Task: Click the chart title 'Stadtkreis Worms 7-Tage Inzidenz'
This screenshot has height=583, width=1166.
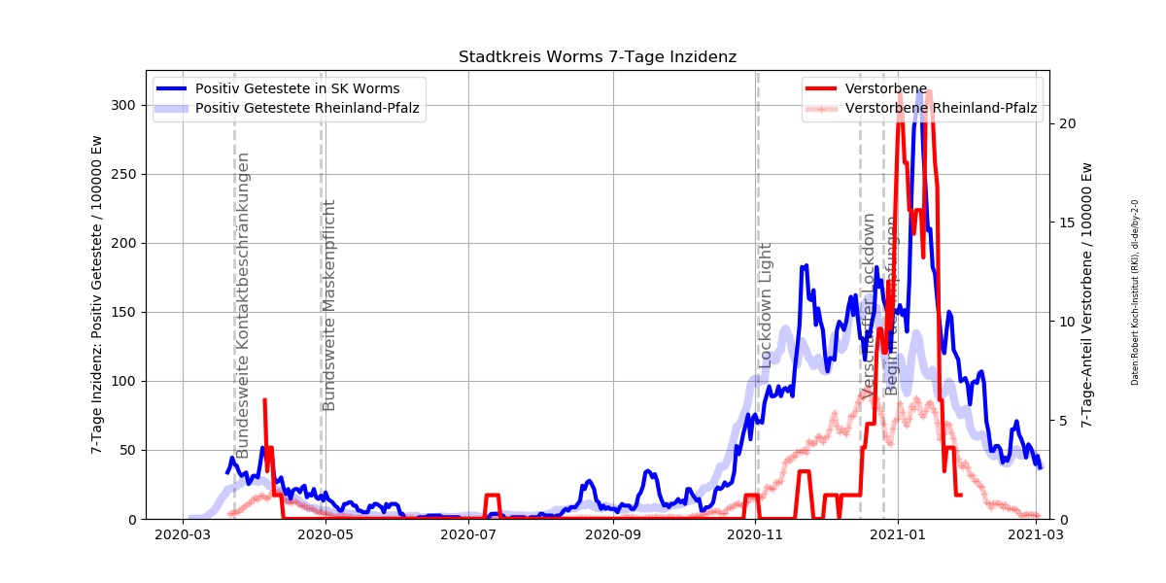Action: pos(597,57)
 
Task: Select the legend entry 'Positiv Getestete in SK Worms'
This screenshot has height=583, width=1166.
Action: pos(296,88)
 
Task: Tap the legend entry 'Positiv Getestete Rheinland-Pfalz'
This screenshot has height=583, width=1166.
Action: pos(307,108)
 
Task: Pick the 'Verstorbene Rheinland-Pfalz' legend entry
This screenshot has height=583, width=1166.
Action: pos(941,108)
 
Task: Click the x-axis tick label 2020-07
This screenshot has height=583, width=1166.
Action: pos(468,534)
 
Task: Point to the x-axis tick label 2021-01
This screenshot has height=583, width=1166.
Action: pos(898,534)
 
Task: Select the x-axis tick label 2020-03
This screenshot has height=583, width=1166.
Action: pos(184,534)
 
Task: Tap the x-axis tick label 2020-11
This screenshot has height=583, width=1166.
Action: pos(756,534)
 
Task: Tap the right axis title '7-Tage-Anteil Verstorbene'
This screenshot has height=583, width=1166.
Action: pos(1086,294)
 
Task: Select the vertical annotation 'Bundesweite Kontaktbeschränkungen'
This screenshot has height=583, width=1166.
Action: pos(243,305)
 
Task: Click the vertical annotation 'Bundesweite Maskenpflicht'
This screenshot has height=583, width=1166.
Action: pos(329,305)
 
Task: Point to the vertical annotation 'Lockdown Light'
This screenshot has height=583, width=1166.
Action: pos(766,304)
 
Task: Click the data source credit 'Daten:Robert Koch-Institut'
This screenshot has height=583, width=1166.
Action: pos(1134,291)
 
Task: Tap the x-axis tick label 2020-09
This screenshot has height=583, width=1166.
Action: pos(613,534)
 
